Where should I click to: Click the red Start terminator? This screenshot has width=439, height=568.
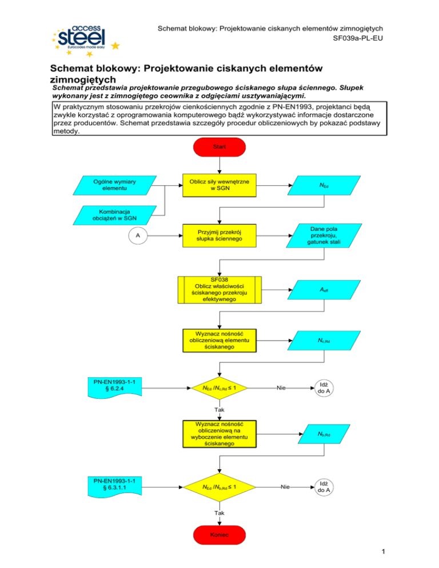219,147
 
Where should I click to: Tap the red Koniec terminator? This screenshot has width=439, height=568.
219,535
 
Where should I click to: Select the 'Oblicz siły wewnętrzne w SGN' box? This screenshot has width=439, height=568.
219,186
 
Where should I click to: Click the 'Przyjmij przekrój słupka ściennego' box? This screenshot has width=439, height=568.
219,235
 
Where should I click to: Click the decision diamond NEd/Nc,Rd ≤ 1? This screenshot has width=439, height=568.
219,388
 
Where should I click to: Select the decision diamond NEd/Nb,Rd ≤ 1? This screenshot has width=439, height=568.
219,487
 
